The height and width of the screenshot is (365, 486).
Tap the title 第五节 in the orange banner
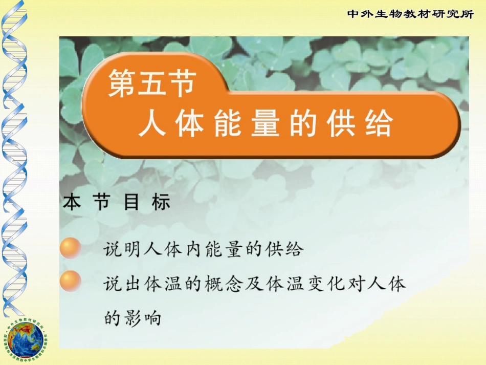[x=152, y=83]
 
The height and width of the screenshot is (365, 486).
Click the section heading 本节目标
[x=117, y=203]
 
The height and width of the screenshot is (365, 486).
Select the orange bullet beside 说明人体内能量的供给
[x=71, y=248]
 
